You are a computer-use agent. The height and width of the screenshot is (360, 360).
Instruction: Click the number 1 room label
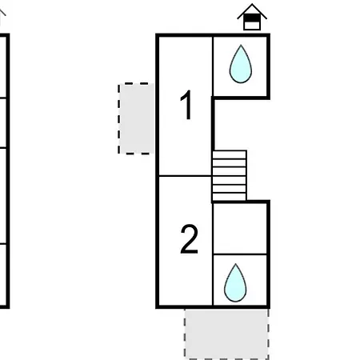point(186,105)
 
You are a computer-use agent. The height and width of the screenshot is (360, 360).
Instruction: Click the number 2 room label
point(189,239)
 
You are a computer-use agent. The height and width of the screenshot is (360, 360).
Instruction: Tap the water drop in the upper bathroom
point(241,64)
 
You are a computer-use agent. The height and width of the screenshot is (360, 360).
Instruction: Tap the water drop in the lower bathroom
point(235,283)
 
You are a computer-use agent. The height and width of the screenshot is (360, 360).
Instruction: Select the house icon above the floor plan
point(252,17)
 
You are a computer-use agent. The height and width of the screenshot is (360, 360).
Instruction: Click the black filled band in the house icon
point(252,18)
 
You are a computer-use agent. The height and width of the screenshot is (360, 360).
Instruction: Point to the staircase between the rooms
point(229,176)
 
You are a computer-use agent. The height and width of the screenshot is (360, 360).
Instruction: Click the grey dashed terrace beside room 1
point(137,118)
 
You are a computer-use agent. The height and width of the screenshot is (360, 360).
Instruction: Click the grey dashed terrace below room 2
point(226,334)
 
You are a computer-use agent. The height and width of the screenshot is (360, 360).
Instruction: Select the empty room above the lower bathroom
point(240,229)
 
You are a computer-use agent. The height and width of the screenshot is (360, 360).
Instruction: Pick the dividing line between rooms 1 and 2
point(186,176)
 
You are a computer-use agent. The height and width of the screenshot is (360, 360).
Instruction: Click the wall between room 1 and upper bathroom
point(213,66)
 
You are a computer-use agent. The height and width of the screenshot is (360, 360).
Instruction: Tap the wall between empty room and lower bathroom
point(240,254)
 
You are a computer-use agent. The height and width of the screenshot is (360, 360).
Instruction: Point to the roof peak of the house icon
point(252,4)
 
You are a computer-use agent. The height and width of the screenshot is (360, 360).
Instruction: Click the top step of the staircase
point(229,154)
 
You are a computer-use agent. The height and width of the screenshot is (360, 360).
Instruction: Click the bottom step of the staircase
point(229,197)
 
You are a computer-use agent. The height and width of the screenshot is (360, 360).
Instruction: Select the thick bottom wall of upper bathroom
point(241,98)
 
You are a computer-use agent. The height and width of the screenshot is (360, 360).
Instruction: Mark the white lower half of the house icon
point(252,26)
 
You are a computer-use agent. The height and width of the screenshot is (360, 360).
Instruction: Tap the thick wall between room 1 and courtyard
point(213,124)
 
